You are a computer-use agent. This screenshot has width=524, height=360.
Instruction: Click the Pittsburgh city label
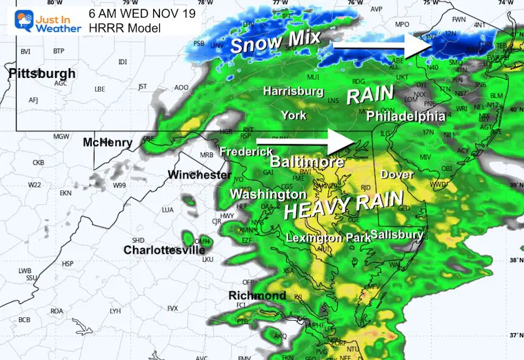click(x=42, y=73)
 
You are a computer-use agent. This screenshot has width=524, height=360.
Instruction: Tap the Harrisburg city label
click(x=293, y=91)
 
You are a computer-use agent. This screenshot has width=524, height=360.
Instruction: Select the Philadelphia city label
click(x=405, y=116)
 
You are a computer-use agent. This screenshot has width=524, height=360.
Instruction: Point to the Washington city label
click(x=268, y=194)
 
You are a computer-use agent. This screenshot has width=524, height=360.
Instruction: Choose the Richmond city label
click(x=257, y=295)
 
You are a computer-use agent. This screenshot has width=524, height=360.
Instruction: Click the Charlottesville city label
click(x=164, y=250)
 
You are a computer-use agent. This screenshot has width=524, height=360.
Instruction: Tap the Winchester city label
click(x=199, y=174)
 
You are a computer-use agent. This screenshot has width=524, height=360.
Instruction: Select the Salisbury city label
click(x=396, y=234)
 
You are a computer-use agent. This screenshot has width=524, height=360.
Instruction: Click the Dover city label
click(x=396, y=174)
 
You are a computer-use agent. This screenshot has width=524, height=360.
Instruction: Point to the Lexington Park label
click(x=324, y=237)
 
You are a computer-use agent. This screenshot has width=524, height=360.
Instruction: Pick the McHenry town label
click(x=108, y=142)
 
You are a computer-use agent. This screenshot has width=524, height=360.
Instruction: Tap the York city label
click(x=294, y=115)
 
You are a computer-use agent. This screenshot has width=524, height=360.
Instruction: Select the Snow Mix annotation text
click(x=275, y=43)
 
